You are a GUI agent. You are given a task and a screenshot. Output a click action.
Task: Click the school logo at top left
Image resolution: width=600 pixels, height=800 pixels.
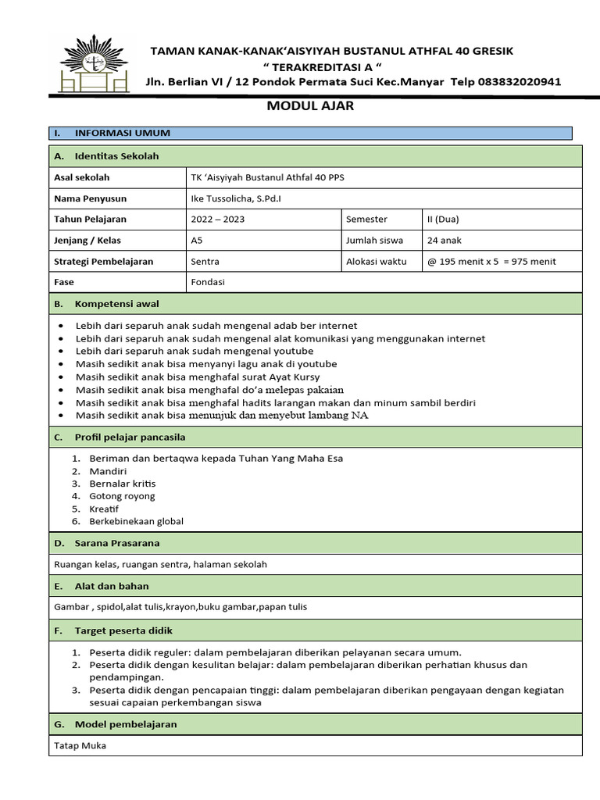(95, 63)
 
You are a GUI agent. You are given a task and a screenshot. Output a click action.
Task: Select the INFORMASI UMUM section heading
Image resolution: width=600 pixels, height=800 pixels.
(123, 133)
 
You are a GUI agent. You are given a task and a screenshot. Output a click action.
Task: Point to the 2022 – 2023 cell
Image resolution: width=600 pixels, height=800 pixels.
(218, 220)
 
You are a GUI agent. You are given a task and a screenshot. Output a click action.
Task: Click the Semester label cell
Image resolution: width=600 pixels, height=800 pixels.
(366, 220)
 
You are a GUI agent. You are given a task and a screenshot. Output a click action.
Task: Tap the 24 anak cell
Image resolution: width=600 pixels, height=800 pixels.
(445, 241)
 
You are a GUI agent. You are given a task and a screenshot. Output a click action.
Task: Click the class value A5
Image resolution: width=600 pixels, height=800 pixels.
(196, 241)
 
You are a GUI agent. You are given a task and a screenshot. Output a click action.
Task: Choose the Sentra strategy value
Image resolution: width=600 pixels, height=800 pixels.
(205, 262)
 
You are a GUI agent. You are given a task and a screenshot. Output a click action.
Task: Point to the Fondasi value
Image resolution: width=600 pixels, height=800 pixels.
(208, 282)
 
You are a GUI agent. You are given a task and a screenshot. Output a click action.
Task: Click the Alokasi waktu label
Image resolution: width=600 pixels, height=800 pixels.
(377, 262)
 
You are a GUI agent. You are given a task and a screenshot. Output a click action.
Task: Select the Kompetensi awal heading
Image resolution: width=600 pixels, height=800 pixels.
(117, 303)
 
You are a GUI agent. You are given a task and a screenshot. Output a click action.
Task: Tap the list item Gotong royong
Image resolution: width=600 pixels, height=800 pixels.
(123, 496)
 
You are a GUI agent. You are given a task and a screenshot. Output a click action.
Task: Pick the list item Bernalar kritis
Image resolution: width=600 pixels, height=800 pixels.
(123, 484)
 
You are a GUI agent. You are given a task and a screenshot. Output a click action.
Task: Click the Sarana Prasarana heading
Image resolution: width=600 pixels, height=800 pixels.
(117, 543)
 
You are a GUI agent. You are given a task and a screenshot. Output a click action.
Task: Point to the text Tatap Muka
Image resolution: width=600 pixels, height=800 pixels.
(80, 745)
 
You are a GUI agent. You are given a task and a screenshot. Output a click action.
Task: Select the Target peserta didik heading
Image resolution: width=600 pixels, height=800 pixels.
(123, 630)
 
